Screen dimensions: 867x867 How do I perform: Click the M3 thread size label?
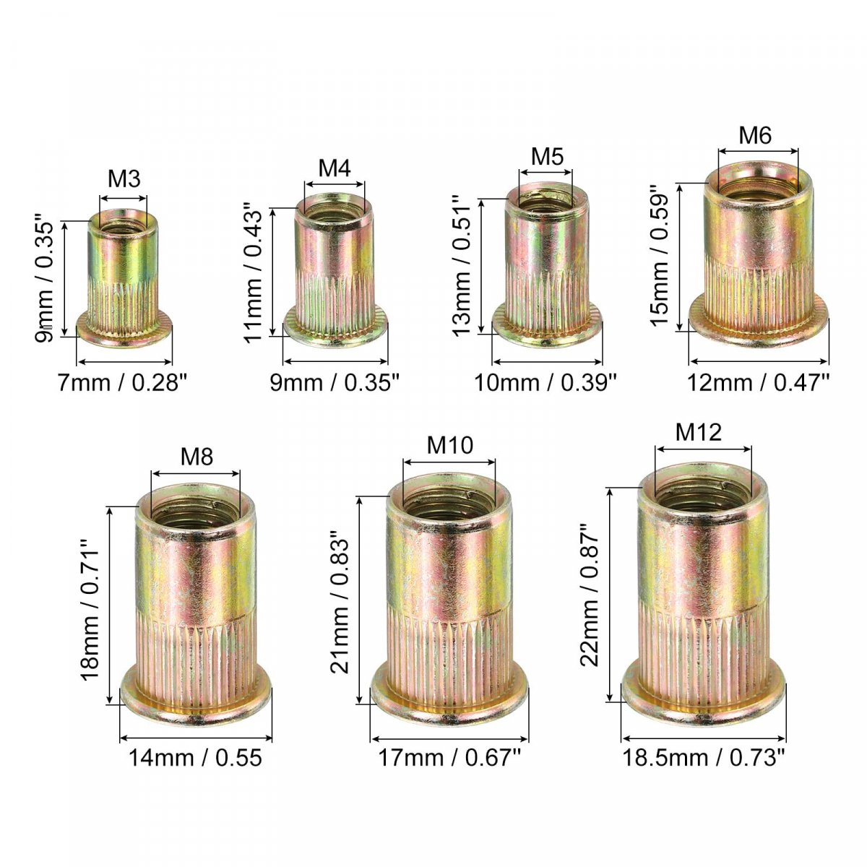click(x=124, y=178)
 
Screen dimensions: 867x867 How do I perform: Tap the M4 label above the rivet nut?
click(x=335, y=168)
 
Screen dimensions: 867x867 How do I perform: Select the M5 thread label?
click(x=547, y=156)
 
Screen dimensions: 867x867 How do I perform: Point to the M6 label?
click(x=755, y=135)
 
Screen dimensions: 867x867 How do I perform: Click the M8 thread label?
click(x=197, y=457)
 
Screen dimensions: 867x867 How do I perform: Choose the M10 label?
click(x=449, y=446)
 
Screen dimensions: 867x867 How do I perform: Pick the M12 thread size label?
click(x=698, y=432)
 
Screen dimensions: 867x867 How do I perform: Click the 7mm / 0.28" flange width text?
click(x=122, y=384)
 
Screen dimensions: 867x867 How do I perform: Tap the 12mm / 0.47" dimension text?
click(x=758, y=384)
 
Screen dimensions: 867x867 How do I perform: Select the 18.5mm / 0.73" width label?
click(x=703, y=757)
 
